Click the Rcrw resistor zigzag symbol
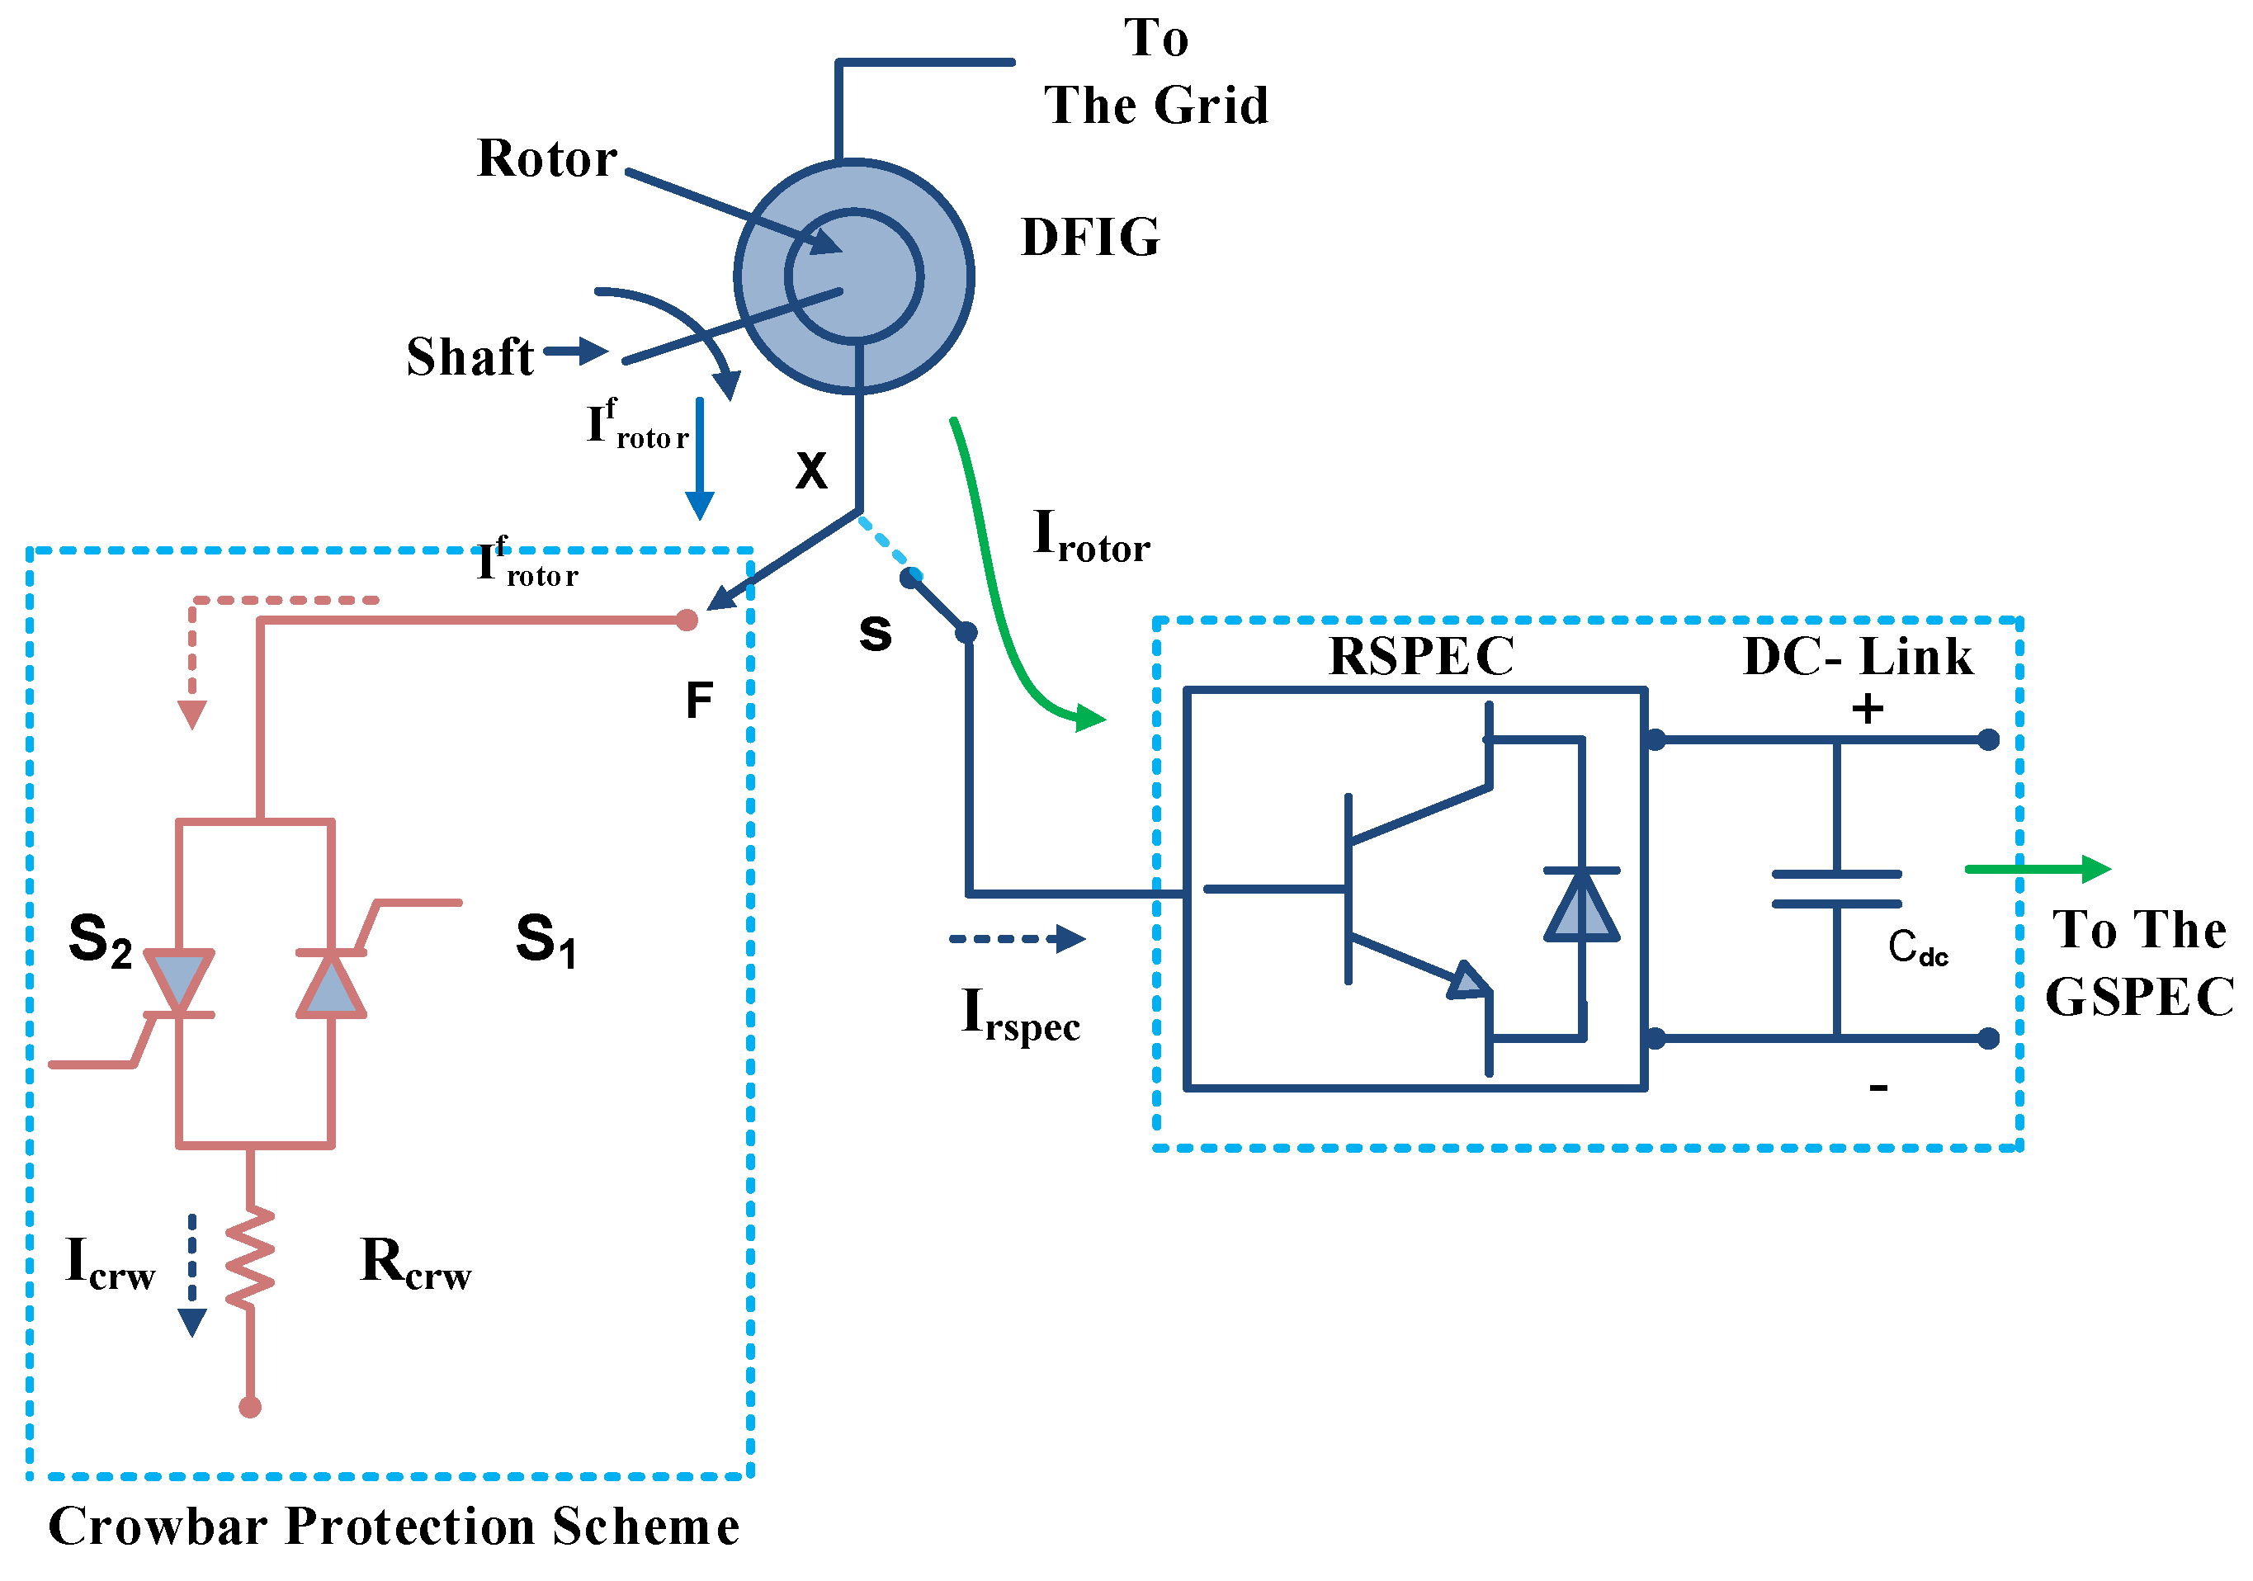tap(250, 1258)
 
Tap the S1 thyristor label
tap(546, 939)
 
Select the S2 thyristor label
tap(100, 939)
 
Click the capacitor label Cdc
tap(1917, 947)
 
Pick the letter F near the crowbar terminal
tap(699, 701)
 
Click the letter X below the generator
tap(811, 471)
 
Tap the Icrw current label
tap(109, 1263)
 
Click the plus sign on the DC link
tap(1868, 709)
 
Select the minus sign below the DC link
tap(1878, 1088)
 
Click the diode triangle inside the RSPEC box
tap(1582, 906)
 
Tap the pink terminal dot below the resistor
tap(250, 1407)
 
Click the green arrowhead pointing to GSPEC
tap(2095, 869)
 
